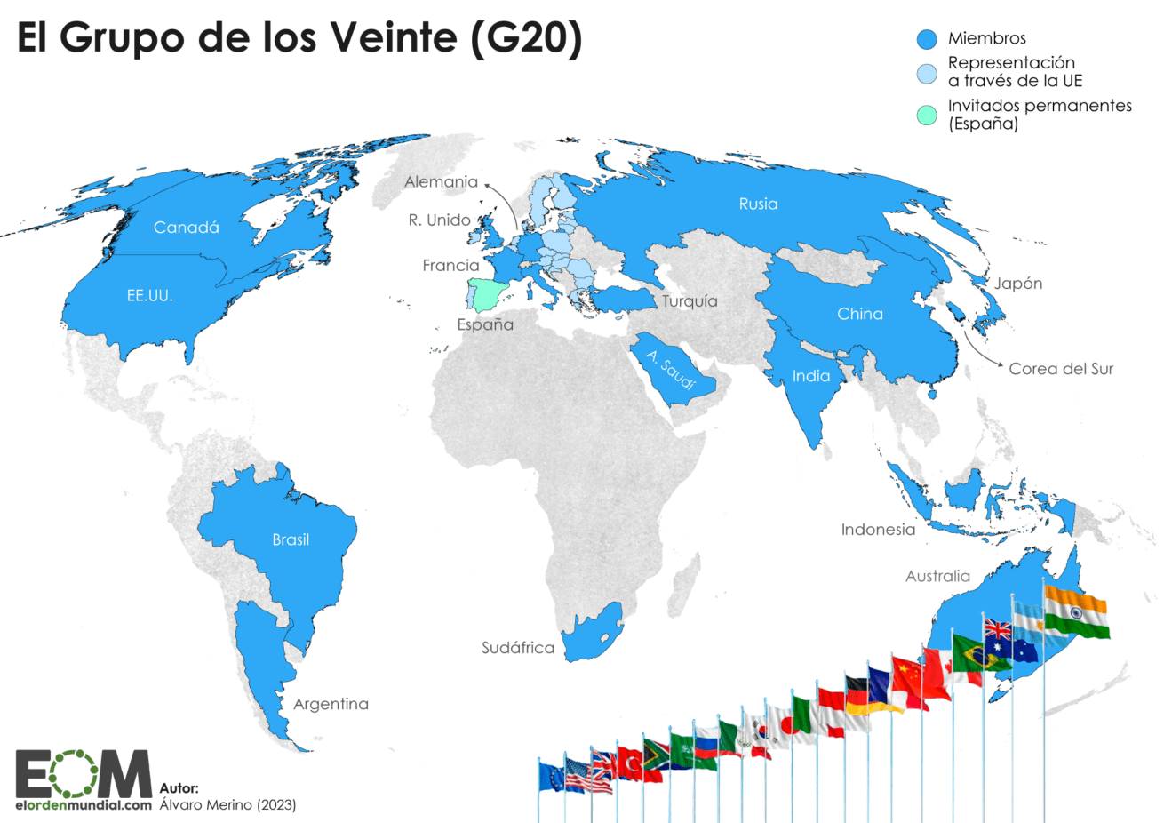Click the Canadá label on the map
pyautogui.click(x=186, y=228)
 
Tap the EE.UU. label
pyautogui.click(x=149, y=295)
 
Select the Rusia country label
pyautogui.click(x=758, y=204)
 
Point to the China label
pyautogui.click(x=859, y=314)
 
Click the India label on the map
pyautogui.click(x=810, y=376)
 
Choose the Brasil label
pyautogui.click(x=291, y=539)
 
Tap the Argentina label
pyautogui.click(x=331, y=704)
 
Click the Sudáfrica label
pyautogui.click(x=517, y=648)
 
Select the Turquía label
pyautogui.click(x=690, y=301)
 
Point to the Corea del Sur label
pyautogui.click(x=1060, y=369)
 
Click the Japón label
pyautogui.click(x=1018, y=284)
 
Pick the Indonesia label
pyautogui.click(x=878, y=530)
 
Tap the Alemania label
pyautogui.click(x=441, y=182)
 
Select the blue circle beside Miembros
pyautogui.click(x=927, y=39)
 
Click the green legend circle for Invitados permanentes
pyautogui.click(x=927, y=115)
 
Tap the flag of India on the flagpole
pyautogui.click(x=1076, y=612)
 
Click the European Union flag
pyautogui.click(x=550, y=778)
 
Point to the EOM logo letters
pyautogui.click(x=84, y=774)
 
